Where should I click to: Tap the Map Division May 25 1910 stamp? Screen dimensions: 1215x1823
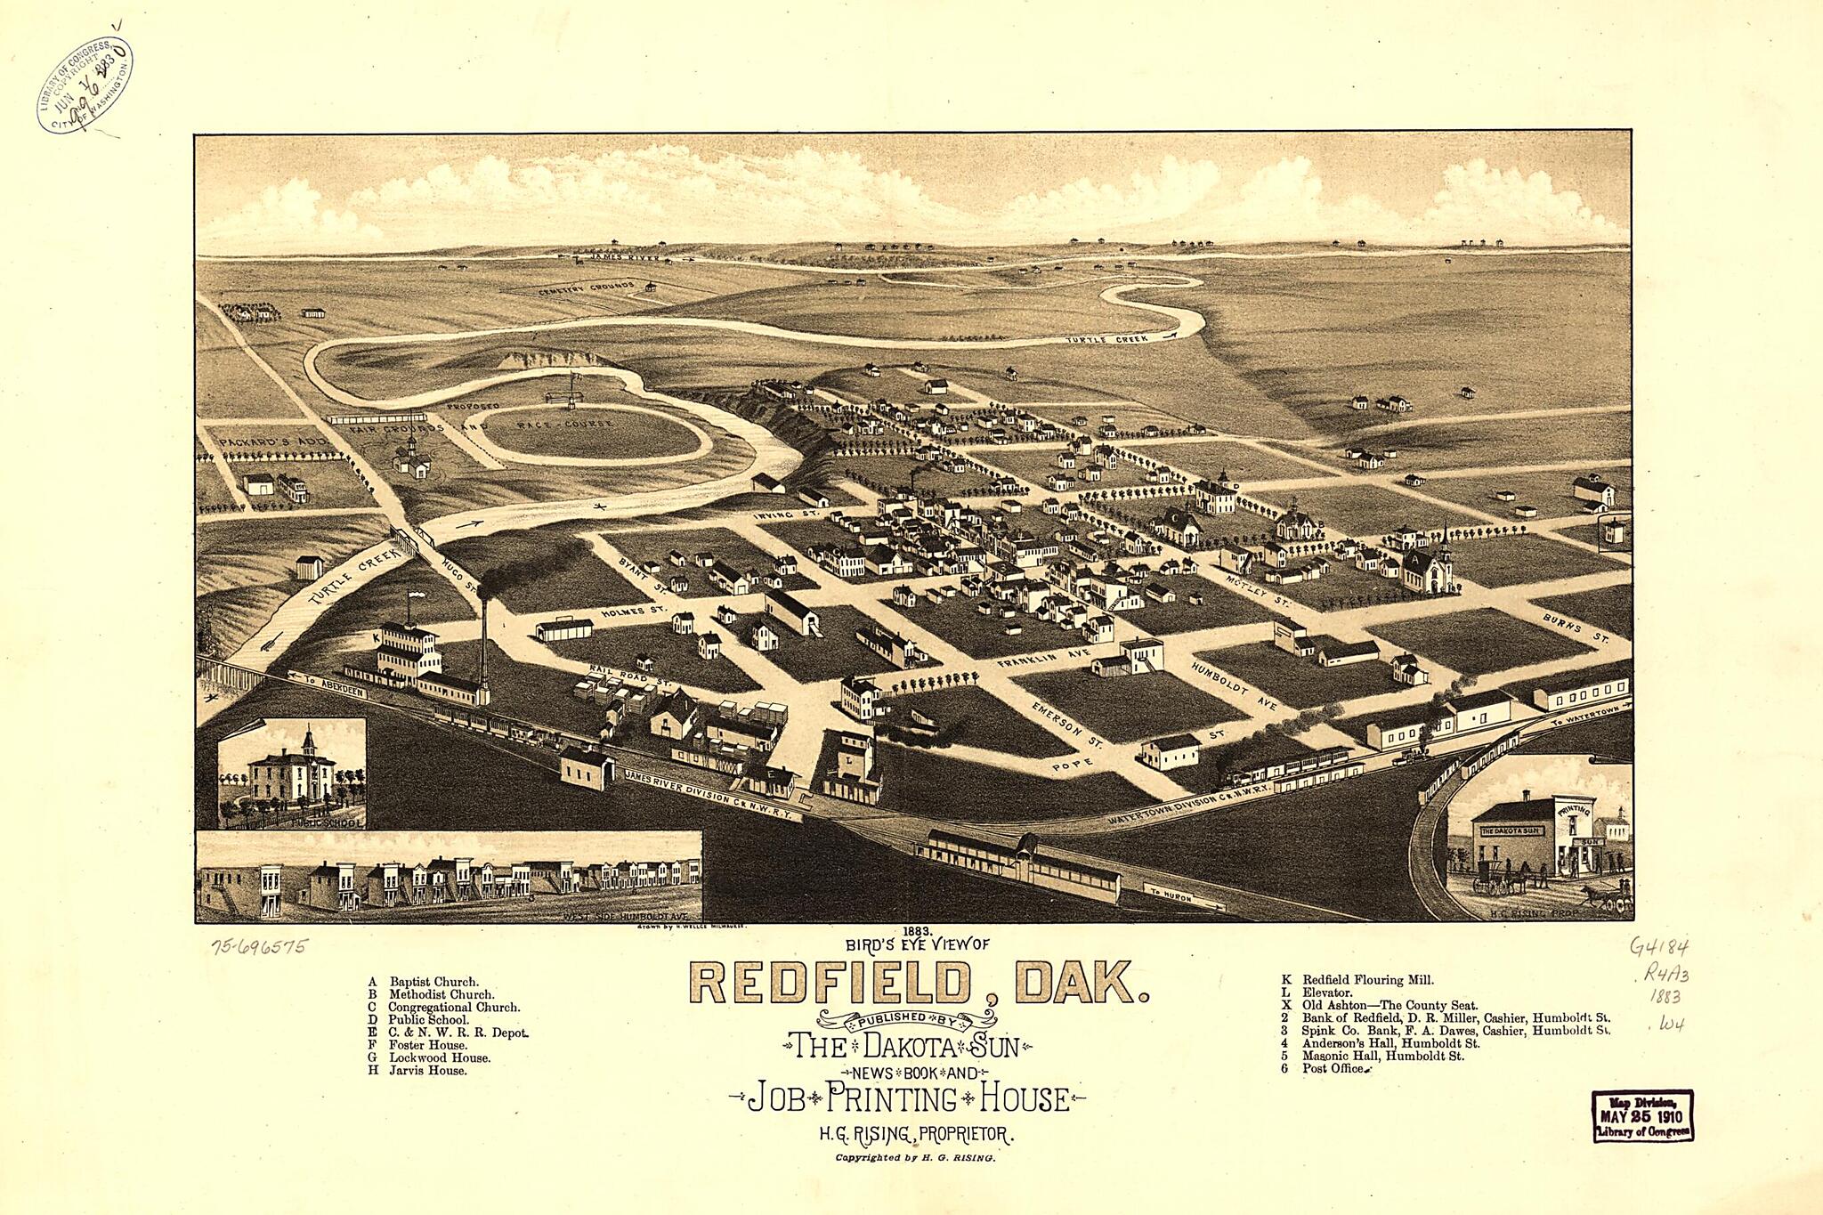point(1642,1115)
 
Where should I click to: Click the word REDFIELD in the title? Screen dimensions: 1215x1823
point(829,983)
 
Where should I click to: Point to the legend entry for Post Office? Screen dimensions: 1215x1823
point(1332,1068)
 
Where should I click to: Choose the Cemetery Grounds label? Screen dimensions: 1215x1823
point(587,288)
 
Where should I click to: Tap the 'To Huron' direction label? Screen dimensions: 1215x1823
point(1172,895)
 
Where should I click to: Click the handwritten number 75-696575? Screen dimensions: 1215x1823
point(259,946)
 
